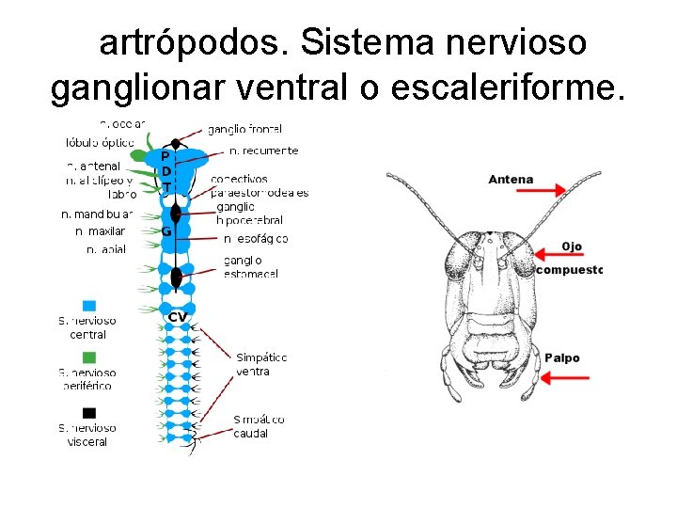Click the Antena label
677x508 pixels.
coord(511,180)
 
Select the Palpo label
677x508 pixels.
coord(562,357)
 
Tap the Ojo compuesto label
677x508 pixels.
coord(570,258)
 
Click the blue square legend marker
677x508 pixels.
coord(89,305)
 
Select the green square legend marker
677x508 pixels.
coord(89,357)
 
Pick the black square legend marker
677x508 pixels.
coord(89,412)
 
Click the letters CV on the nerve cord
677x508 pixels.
coord(177,317)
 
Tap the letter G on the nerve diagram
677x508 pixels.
coord(165,230)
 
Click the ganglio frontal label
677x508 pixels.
coord(244,129)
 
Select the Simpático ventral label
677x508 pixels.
coord(260,364)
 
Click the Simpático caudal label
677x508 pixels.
coord(259,426)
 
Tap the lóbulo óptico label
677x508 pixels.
coord(100,143)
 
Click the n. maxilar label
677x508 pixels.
coord(100,231)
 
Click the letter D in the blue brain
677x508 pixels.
coord(165,171)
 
